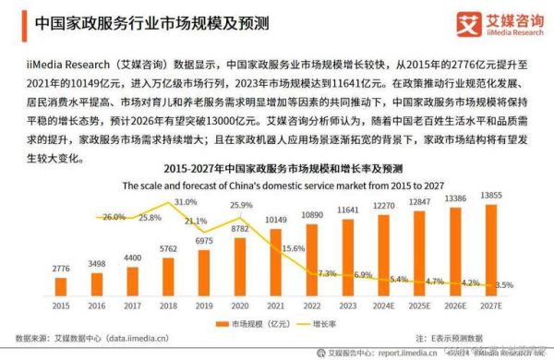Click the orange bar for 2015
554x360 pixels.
60,283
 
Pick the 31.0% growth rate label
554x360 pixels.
186,201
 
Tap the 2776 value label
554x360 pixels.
60,269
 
